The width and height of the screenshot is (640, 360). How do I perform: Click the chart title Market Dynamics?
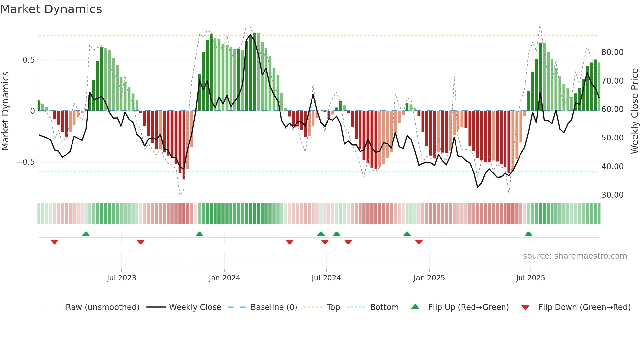(51, 9)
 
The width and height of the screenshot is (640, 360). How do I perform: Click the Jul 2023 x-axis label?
(121, 278)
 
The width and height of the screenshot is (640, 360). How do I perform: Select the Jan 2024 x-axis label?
(224, 278)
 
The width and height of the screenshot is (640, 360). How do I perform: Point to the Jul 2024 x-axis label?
(326, 278)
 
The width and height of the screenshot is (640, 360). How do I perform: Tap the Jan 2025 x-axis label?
(429, 278)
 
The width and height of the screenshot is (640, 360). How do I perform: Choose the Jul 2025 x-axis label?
(531, 278)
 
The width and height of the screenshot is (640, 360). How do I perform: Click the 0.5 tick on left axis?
(28, 60)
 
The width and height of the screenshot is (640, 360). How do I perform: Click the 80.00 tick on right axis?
(613, 52)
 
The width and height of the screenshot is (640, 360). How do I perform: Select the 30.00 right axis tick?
(613, 195)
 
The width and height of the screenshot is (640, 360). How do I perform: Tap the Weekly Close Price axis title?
(634, 111)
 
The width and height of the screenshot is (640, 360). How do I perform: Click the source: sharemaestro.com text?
(575, 256)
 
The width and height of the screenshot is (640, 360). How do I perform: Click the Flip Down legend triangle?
(525, 308)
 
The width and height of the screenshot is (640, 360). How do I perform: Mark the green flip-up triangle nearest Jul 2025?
(528, 234)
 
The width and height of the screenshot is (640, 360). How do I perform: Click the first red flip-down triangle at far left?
(55, 242)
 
